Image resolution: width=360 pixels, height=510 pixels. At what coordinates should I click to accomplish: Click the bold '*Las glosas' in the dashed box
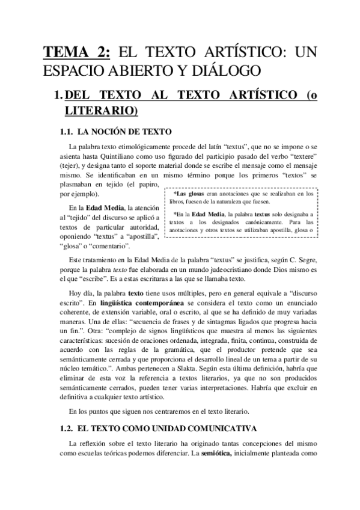[x=188, y=194]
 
